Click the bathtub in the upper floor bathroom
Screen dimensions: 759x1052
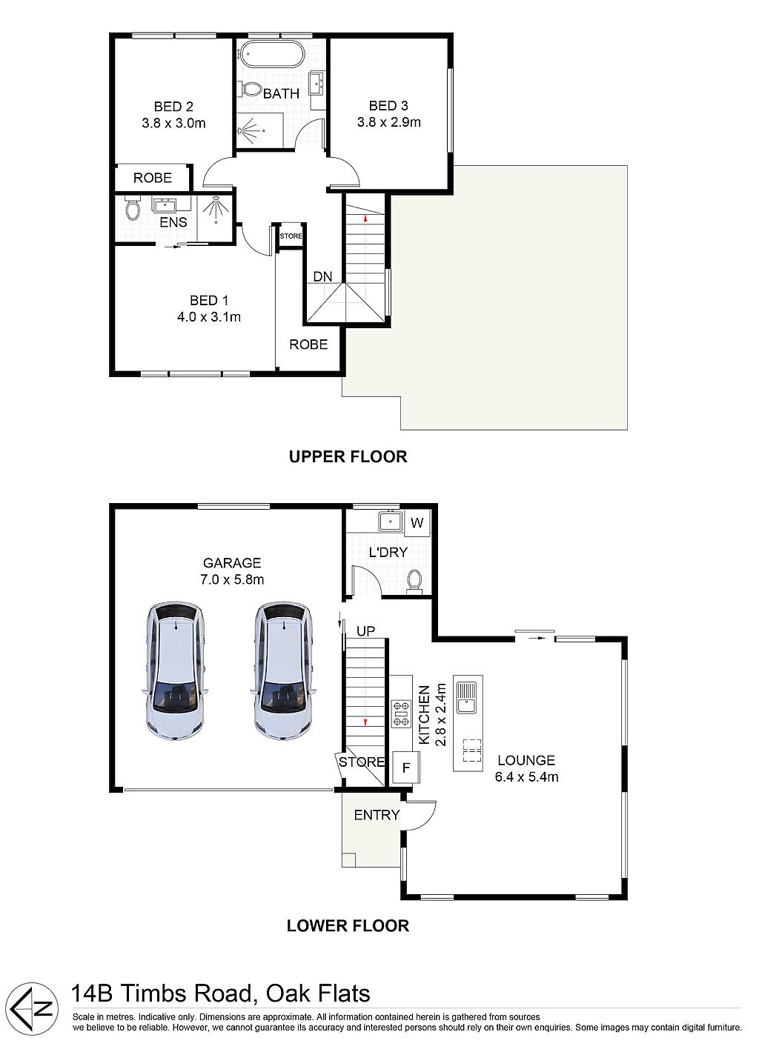273,53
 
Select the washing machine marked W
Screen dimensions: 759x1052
417,522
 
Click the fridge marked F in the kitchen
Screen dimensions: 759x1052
406,768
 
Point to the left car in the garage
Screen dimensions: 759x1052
175,672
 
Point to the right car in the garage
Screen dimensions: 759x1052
283,672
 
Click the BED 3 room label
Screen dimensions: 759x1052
388,106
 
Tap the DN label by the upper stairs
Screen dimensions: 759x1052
323,276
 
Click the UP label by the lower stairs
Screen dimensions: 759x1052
365,631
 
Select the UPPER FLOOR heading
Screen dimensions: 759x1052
348,456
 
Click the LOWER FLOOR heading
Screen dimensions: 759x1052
348,925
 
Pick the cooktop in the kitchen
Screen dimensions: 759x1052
401,713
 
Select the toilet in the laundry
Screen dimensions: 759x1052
414,582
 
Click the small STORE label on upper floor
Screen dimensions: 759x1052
291,236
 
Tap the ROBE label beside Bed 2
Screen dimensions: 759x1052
153,178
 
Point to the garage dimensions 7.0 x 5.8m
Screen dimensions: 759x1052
232,579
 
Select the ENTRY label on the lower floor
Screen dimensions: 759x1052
377,815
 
